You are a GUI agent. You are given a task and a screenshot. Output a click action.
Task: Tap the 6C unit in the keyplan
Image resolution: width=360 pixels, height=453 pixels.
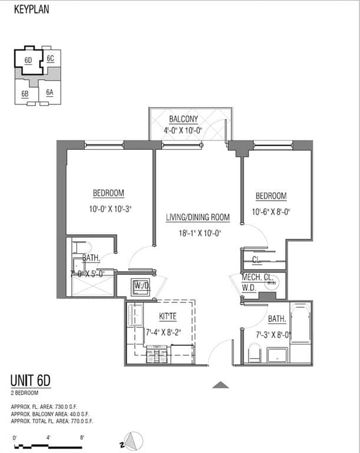tap(51, 58)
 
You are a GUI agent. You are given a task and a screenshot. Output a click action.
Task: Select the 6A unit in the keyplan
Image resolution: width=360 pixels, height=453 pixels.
tap(50, 93)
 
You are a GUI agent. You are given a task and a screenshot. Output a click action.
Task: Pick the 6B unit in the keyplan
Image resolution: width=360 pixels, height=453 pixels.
tap(25, 94)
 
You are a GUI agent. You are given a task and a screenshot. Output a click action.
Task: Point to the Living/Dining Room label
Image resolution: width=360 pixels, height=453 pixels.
tap(198, 218)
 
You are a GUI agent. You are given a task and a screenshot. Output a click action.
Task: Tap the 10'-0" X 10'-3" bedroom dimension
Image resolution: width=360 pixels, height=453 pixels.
tap(109, 208)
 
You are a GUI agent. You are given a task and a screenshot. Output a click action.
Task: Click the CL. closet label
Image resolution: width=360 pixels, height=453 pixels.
tap(257, 259)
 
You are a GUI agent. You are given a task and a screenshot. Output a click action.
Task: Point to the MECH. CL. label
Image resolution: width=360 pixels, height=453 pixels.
tap(257, 278)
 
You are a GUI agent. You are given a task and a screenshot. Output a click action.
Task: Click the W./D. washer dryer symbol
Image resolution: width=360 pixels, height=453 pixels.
tap(141, 286)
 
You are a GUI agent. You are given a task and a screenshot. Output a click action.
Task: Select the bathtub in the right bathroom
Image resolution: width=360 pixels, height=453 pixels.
tap(300, 324)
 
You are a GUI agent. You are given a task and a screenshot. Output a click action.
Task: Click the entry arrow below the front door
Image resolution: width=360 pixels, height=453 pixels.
tap(220, 385)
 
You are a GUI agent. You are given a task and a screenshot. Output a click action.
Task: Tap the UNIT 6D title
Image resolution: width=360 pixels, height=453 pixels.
tap(31, 380)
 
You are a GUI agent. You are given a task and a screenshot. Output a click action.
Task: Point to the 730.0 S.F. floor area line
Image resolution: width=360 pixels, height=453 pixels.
tap(52, 407)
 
